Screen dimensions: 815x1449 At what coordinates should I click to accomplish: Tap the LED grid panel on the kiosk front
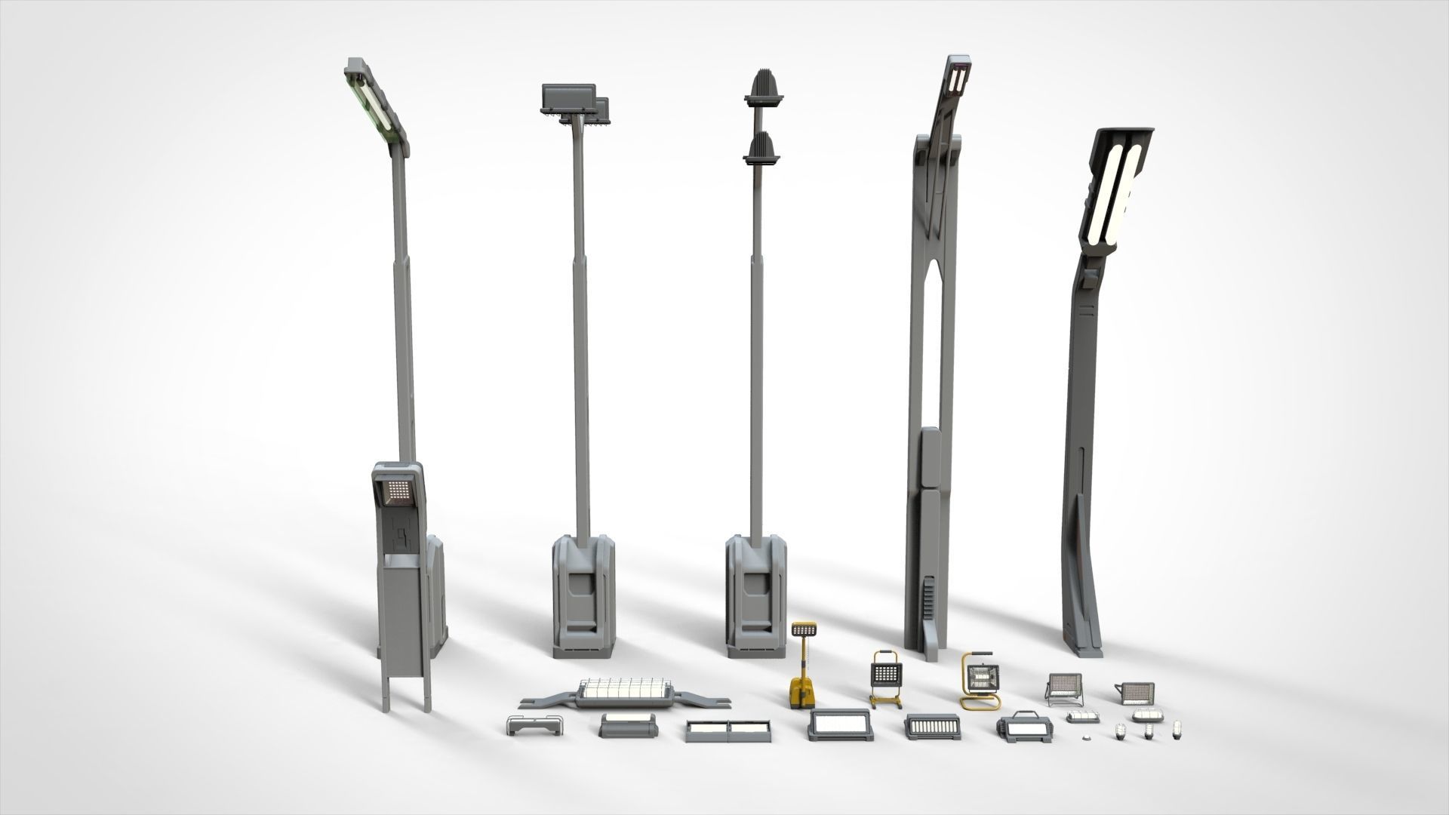395,493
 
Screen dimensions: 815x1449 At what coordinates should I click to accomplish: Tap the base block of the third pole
755,596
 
